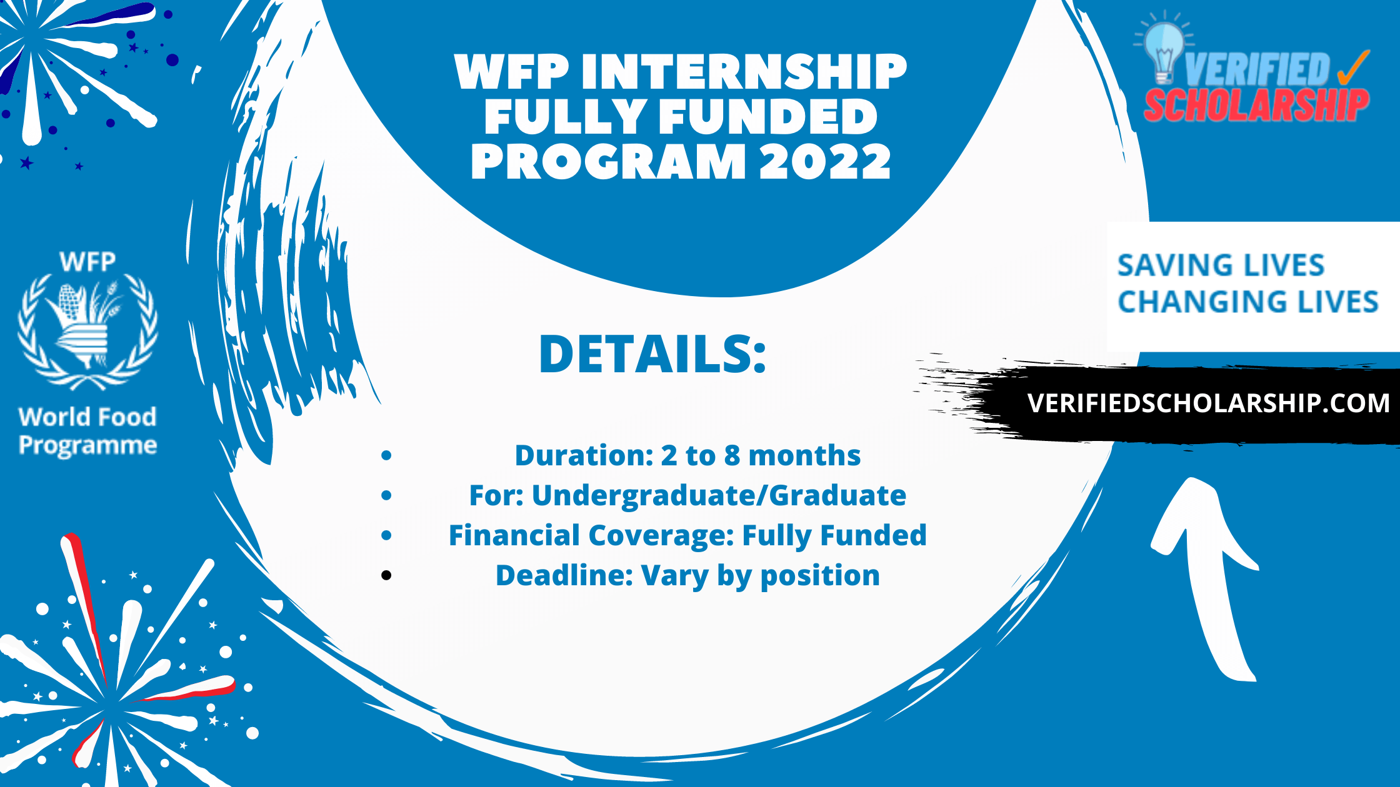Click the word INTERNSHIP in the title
coord(744,72)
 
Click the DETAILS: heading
coord(652,354)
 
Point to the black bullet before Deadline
coord(386,575)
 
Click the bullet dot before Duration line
coord(386,455)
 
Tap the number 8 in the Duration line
coord(731,456)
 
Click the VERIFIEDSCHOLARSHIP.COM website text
coord(1208,403)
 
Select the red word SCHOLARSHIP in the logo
coord(1256,105)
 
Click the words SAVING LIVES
coord(1221,265)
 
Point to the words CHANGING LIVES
coord(1247,302)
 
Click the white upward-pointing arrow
coord(1206,575)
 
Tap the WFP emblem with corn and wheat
coord(87,331)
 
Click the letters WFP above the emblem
coord(87,262)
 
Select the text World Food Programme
coord(87,431)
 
